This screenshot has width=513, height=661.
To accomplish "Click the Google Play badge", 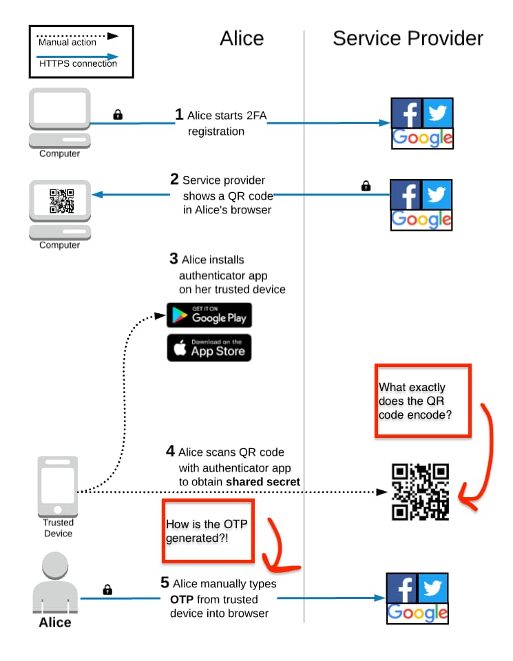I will click(x=209, y=315).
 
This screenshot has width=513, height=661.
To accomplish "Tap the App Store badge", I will click(x=209, y=348).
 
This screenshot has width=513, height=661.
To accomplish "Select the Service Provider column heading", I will click(x=408, y=38).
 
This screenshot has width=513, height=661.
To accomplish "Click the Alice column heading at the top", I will click(x=241, y=38).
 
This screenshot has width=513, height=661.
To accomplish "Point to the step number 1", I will click(x=179, y=114).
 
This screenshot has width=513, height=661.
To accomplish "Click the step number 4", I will click(x=170, y=452).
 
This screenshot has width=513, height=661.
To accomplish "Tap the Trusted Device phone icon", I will click(x=58, y=486).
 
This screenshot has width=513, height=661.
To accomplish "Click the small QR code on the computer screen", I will click(x=61, y=199).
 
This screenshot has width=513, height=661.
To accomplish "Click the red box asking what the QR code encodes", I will click(x=422, y=401).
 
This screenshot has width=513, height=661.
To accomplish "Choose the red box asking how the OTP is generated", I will click(x=209, y=531).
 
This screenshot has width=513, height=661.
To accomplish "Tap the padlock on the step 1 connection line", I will click(x=118, y=114).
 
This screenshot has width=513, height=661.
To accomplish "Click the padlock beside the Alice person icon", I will click(x=107, y=589).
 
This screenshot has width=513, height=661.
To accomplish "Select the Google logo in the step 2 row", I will click(x=421, y=220).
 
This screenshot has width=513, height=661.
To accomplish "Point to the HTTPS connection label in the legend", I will click(x=78, y=63).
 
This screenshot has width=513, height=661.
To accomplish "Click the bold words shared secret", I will click(x=263, y=482).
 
